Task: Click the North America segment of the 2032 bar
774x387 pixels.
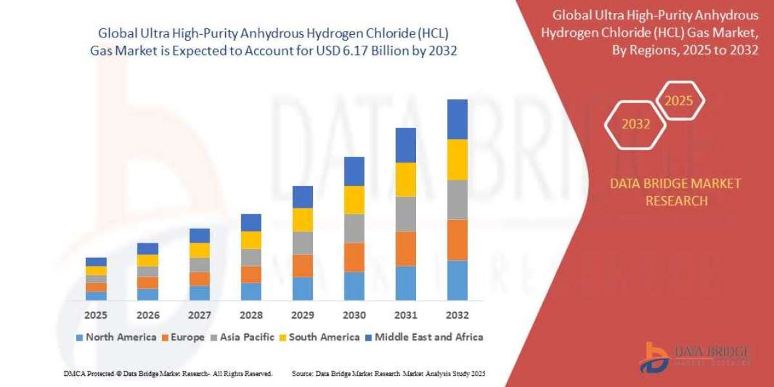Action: [x=457, y=280]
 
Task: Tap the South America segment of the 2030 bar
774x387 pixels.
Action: [x=354, y=200]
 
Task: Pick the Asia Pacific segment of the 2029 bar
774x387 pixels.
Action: [x=303, y=243]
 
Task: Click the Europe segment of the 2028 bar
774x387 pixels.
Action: [x=251, y=274]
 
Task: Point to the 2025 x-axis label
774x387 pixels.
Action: [x=96, y=315]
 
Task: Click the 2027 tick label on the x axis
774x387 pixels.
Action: [x=199, y=315]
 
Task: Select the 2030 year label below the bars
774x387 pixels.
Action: [x=354, y=315]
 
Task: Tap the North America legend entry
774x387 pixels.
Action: [x=116, y=337]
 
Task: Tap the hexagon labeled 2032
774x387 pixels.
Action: [x=636, y=124]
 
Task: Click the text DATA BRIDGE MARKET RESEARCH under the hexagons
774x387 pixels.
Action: [x=675, y=192]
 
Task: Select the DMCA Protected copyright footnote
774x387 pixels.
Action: [x=168, y=373]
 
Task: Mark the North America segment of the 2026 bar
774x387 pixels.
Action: [x=148, y=294]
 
